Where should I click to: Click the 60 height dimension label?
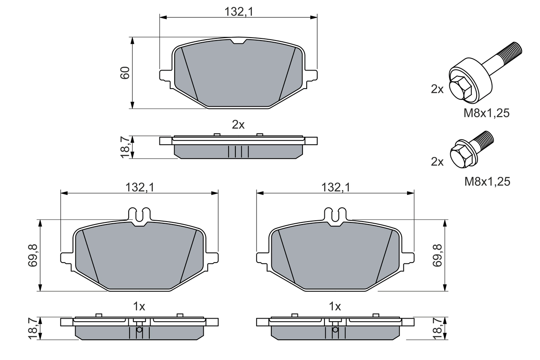pos(125,73)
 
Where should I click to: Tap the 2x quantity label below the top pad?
pos(238,125)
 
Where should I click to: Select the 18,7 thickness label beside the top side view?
pos(125,147)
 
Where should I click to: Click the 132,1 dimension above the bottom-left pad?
pos(139,187)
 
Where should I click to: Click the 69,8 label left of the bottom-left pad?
pos(34,255)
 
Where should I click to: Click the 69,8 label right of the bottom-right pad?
pos(437,255)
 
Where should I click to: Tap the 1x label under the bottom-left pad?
pos(139,306)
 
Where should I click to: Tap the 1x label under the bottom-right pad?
pos(335,306)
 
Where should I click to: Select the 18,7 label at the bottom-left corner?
pos(34,328)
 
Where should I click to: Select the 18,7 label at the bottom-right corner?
pos(437,328)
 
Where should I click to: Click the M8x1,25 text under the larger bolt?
pos(487,113)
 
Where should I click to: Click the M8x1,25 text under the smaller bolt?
pos(487,181)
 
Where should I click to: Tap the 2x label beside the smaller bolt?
pos(437,161)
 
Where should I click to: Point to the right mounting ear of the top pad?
pos(311,75)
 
